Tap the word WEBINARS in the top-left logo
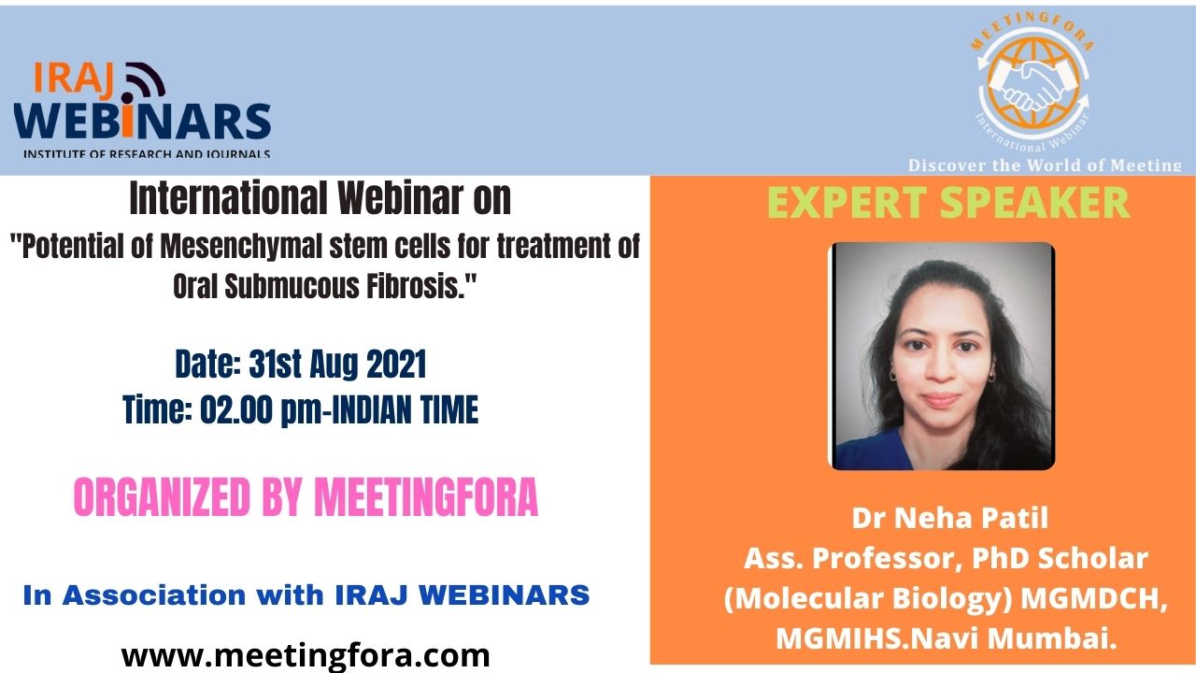coord(143,121)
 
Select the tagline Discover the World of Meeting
coord(1045,165)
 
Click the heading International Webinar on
coord(320,198)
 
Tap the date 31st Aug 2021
coord(338,365)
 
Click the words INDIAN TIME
coord(405,409)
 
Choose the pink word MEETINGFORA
coord(426,496)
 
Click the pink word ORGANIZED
coord(162,496)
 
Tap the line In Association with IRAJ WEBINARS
coord(306,595)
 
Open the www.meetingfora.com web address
coord(306,655)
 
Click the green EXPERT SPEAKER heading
coord(947,203)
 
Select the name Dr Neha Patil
coord(950,518)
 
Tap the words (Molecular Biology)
coord(868,598)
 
